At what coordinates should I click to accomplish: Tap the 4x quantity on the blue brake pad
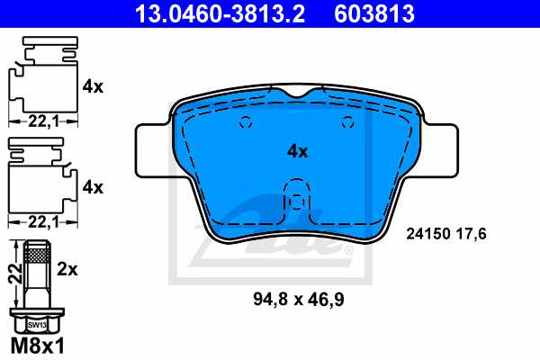(x=297, y=152)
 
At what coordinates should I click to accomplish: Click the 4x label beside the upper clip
(x=93, y=87)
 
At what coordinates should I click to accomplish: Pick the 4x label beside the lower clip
(x=93, y=187)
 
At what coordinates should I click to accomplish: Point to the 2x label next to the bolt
(x=68, y=268)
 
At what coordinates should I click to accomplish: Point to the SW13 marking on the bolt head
(x=36, y=322)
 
